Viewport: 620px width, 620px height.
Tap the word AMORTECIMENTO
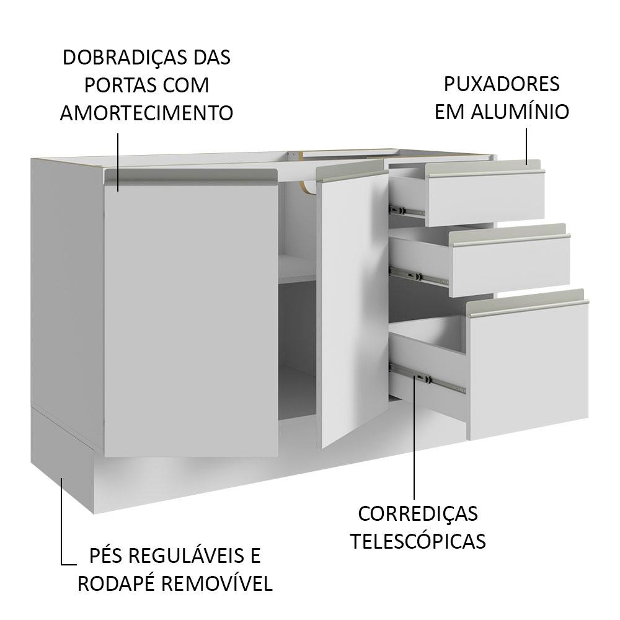147,113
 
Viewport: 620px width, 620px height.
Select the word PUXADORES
502,84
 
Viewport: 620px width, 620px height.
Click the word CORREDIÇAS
418,514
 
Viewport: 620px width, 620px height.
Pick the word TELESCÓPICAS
418,541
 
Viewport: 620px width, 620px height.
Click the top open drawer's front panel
486,198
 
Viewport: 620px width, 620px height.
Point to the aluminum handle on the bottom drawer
527,303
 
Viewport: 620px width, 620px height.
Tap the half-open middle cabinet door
354,308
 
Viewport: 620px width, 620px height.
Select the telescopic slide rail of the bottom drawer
427,379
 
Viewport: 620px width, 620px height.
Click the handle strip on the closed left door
191,176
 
